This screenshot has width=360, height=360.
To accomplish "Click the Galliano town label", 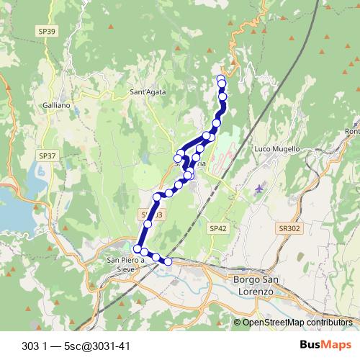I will click(57, 105).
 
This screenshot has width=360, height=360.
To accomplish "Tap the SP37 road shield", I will click(47, 156).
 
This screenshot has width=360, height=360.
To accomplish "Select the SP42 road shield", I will click(218, 228).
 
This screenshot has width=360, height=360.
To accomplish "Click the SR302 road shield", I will click(288, 228).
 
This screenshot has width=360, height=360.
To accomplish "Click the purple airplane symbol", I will click(259, 189).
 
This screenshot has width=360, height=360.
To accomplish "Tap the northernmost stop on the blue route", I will click(221, 79).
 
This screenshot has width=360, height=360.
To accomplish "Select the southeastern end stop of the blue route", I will click(168, 261).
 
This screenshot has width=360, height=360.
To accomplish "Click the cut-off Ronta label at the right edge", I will click(353, 131).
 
